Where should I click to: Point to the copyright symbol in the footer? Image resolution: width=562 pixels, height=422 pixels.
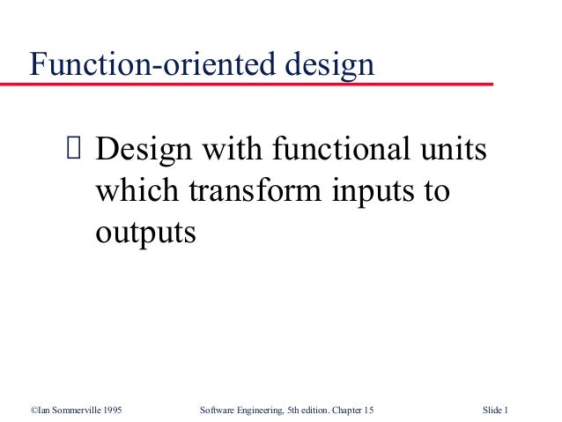tap(31, 410)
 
